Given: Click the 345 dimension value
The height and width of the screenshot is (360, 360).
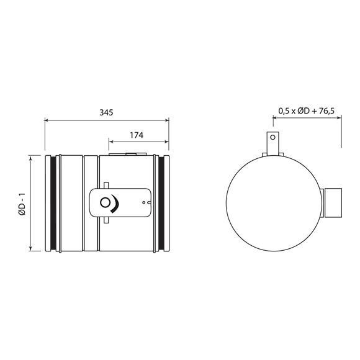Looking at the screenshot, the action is click(x=106, y=112).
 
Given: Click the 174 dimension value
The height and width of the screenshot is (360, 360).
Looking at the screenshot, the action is click(x=137, y=135).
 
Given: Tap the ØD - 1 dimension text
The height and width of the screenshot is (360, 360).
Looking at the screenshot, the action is click(x=22, y=204).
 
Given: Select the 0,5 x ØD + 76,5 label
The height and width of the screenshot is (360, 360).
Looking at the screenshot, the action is click(x=307, y=111).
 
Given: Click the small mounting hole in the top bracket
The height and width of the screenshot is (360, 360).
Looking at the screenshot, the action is click(x=272, y=138).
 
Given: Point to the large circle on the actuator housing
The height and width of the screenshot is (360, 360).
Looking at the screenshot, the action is click(x=105, y=203).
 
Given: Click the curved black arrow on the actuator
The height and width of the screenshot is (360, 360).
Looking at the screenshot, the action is click(x=115, y=204).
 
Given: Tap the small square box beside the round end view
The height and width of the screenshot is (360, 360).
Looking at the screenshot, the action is click(x=333, y=203).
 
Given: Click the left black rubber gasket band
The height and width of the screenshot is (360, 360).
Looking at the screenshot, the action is click(x=53, y=203).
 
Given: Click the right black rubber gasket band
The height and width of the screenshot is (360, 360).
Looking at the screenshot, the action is click(x=161, y=203).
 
